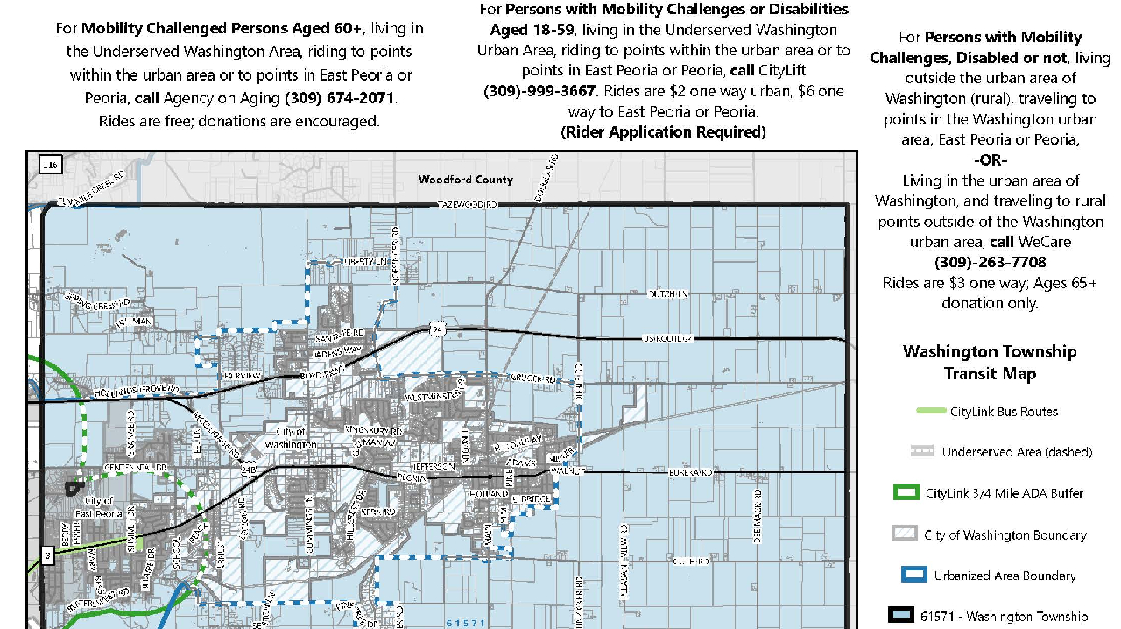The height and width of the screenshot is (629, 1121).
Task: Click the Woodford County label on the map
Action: click(x=465, y=180)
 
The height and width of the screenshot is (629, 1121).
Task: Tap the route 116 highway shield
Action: click(x=49, y=165)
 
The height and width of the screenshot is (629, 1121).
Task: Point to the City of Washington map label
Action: click(x=290, y=438)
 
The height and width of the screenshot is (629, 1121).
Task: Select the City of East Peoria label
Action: click(x=98, y=506)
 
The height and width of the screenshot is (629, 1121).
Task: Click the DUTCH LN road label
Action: click(x=668, y=294)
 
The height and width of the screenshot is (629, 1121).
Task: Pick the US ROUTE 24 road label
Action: click(x=667, y=338)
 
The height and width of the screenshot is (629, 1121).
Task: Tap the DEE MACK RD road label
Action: click(x=758, y=518)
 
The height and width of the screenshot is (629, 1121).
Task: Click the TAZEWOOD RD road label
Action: click(x=468, y=204)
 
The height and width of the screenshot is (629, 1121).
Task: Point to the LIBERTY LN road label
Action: click(x=364, y=262)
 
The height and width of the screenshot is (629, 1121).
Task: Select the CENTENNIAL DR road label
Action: click(x=136, y=468)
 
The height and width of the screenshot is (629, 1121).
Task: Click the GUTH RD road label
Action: click(x=690, y=561)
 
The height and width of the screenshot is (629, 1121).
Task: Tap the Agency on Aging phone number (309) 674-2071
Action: click(x=339, y=97)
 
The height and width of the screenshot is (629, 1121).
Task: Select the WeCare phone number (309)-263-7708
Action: click(x=990, y=262)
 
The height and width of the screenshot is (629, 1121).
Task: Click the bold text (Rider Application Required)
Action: click(x=663, y=132)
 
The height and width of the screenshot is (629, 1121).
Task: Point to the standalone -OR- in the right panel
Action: click(x=991, y=160)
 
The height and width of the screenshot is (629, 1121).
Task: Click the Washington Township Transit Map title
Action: click(x=990, y=363)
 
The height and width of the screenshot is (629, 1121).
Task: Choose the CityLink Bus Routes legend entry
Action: click(x=1004, y=412)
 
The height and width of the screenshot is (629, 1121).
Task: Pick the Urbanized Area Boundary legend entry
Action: click(x=1005, y=576)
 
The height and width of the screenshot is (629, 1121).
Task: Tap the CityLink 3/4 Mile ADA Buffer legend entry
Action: click(x=1005, y=493)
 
